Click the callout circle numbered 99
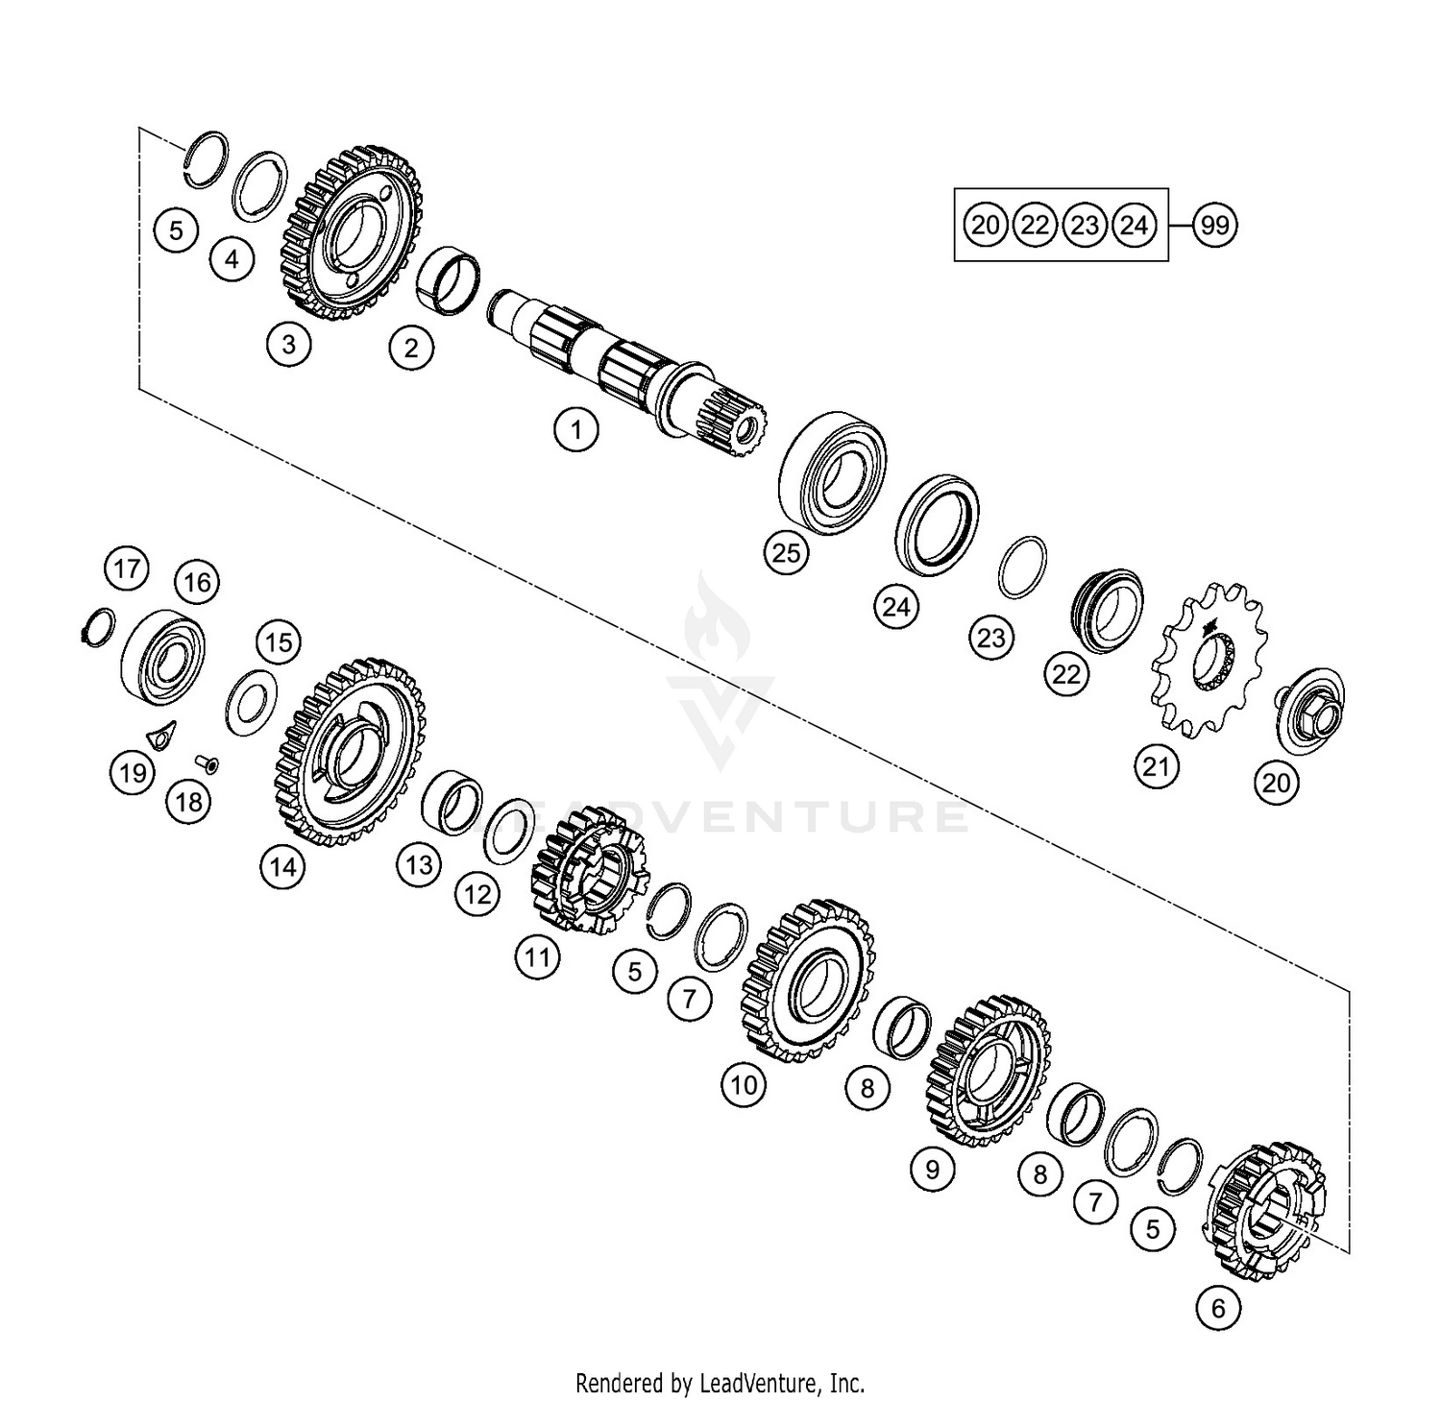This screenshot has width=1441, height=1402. (1214, 226)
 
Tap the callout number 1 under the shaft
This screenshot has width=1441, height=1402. (576, 428)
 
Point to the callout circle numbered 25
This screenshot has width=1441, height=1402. (786, 553)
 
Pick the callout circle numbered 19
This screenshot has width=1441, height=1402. (133, 772)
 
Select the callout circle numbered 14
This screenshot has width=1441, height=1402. (282, 867)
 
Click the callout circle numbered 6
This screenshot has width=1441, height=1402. (1218, 1308)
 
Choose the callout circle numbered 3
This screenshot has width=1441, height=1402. (289, 343)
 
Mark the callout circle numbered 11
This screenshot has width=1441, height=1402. (537, 956)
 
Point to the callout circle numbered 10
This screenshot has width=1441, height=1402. (745, 1085)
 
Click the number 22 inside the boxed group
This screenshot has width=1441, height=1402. (1035, 226)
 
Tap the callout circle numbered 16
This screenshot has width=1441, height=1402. (197, 582)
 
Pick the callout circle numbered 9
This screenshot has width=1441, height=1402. (932, 1169)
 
